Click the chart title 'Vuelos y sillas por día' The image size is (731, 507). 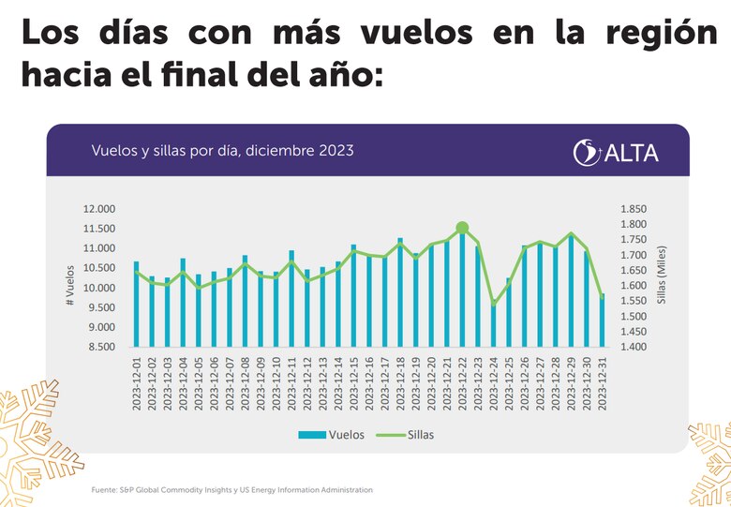coord(222,150)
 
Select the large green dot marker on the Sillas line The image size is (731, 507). coord(462,228)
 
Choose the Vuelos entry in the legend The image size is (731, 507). coord(325,434)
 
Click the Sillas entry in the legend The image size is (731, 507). coord(406,434)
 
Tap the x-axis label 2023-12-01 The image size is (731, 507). coord(136,383)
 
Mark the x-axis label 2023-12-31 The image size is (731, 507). coord(602,383)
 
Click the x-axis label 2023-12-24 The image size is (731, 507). coord(493,383)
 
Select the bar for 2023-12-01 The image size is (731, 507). coord(136,305)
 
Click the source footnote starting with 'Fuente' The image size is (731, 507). coord(231,489)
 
